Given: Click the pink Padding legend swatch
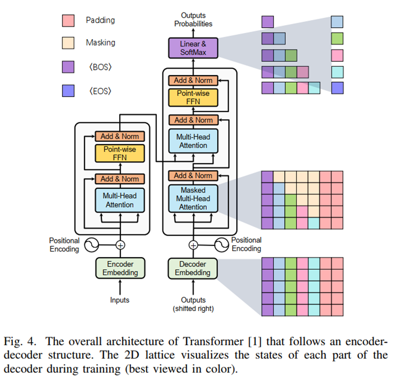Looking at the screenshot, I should tap(68, 20).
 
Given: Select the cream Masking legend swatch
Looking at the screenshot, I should tap(68, 43).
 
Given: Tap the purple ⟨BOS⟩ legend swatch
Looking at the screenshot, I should tap(68, 67).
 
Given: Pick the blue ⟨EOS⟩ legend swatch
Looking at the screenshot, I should tap(68, 91).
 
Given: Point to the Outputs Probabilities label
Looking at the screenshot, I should tap(193, 20).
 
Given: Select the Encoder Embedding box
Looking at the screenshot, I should tap(120, 268).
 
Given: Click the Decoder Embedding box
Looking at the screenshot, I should tap(193, 268).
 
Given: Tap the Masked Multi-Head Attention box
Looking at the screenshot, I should tap(193, 199).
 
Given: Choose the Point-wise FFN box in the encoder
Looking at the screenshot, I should tap(120, 153).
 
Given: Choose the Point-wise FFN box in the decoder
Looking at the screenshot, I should tap(193, 97).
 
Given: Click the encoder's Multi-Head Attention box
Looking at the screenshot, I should tap(120, 200).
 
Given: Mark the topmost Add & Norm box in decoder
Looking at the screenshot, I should tap(193, 81).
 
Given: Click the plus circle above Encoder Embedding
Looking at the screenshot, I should tap(120, 245).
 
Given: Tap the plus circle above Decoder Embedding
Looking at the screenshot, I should tap(193, 245).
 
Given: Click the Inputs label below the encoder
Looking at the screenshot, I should tap(120, 300).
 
